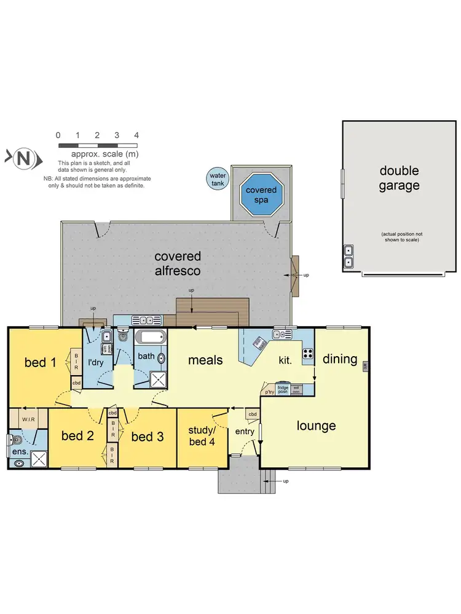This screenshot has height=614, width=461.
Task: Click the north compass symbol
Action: (24, 158)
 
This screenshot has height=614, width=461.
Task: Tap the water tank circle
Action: (217, 179)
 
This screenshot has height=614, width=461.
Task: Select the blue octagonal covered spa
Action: (261, 194)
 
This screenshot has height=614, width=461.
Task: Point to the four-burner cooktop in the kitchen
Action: (307, 354)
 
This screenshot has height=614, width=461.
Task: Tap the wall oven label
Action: (296, 389)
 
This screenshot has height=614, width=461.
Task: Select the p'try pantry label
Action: (269, 391)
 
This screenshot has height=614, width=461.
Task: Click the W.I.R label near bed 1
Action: (29, 420)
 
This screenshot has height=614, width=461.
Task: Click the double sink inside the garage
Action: (349, 257)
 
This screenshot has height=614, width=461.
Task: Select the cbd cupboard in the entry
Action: (253, 415)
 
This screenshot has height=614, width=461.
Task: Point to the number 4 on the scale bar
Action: (136, 135)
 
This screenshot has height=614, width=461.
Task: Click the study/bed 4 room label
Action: (201, 435)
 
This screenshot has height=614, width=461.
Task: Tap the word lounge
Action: (316, 426)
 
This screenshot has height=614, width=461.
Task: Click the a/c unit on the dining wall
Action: (366, 367)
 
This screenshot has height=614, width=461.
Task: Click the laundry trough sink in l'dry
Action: (106, 336)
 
